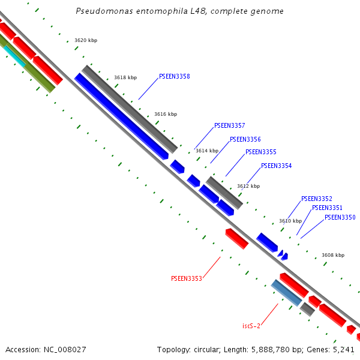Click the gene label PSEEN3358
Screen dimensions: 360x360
175,77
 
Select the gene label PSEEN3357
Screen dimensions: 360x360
230,126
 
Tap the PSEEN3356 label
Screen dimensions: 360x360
245,139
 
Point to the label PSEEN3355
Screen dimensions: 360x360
261,152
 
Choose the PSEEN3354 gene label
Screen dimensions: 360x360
277,166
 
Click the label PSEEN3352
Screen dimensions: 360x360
317,199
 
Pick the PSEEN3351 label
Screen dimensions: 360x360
328,208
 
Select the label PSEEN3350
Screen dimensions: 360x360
340,217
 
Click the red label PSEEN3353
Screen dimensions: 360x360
187,278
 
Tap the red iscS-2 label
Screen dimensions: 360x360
251,326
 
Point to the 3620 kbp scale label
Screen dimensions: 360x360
86,41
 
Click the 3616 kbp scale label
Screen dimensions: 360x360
166,114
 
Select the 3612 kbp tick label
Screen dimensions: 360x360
248,186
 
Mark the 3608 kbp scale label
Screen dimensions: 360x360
333,255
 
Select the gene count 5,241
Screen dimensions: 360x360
344,349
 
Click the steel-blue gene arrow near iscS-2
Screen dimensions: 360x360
286,293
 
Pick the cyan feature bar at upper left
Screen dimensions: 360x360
14,55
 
